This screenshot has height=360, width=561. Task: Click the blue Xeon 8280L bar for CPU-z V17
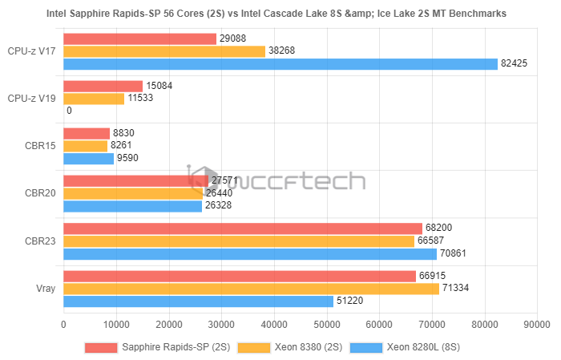pyautogui.click(x=280, y=64)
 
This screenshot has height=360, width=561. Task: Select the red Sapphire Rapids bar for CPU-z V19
pyautogui.click(x=103, y=86)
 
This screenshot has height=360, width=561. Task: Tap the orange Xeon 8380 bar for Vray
pyautogui.click(x=251, y=289)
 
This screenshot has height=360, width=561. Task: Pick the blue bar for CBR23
pyautogui.click(x=250, y=254)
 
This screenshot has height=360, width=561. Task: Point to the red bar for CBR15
pyautogui.click(x=87, y=134)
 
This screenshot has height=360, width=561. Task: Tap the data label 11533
pyautogui.click(x=142, y=99)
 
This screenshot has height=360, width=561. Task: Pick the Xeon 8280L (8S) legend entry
pyautogui.click(x=425, y=347)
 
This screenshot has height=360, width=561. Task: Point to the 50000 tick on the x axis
pyautogui.click(x=326, y=325)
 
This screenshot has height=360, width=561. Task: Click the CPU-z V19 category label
pyautogui.click(x=31, y=99)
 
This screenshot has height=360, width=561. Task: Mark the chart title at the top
pyautogui.click(x=281, y=14)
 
